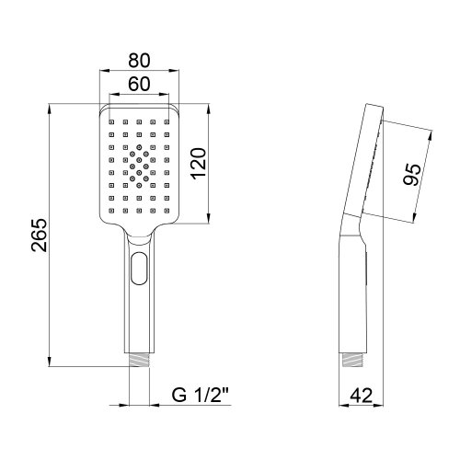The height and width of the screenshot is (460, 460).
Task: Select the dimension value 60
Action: pyautogui.click(x=138, y=84)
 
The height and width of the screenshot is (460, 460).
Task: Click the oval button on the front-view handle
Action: pyautogui.click(x=138, y=268)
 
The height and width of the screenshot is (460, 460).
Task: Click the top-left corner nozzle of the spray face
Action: pyautogui.click(x=110, y=121)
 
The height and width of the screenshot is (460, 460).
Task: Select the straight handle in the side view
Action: pyautogui.click(x=354, y=294)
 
